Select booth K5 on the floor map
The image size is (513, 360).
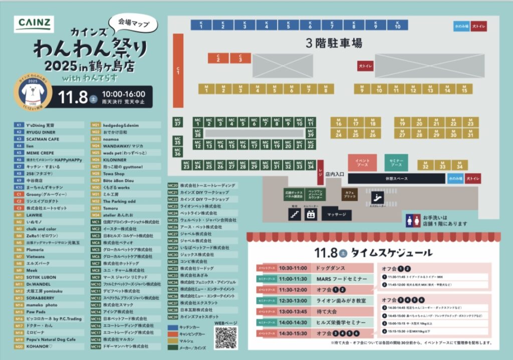pos(288,25)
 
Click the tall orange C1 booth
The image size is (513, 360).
pos(178,70)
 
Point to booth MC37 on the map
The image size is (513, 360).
pos(177,122)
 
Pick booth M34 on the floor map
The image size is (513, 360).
pos(459,165)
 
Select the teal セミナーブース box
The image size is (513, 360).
pos(396,162)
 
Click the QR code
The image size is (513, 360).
pos(225,338)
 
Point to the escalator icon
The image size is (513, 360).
pos(377,197)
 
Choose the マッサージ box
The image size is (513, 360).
pos(336,214)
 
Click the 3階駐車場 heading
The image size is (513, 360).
pos(334,43)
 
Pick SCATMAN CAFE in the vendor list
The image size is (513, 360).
pos(43,139)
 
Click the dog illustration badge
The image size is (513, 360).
pos(33,93)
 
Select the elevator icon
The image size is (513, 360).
pos(311,214)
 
